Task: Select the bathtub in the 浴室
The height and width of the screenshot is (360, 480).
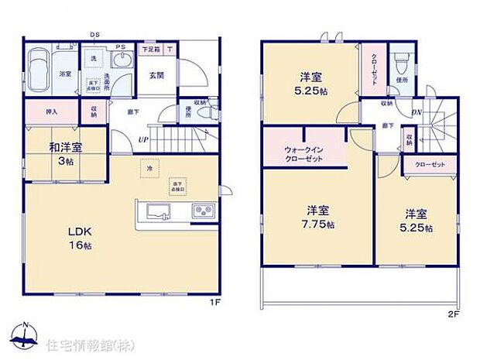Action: point(38,61)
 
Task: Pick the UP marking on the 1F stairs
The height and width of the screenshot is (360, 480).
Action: point(143,139)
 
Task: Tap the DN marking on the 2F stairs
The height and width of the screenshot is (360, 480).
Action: point(415,112)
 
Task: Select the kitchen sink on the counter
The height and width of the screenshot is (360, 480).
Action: point(152,210)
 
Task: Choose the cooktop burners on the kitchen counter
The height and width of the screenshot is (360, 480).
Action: point(203,210)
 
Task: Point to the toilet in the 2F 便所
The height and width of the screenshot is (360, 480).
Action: point(400,60)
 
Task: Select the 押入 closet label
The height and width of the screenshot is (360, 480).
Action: point(52,111)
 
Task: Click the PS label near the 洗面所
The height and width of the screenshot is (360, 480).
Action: point(120,48)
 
